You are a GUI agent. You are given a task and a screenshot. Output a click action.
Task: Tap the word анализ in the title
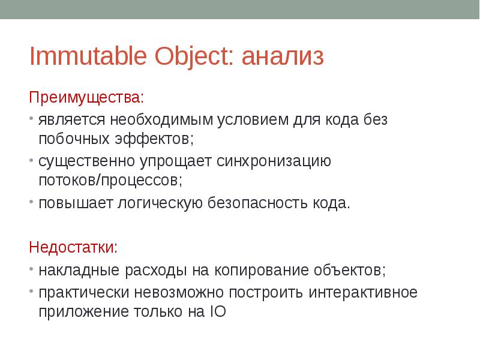pyautogui.click(x=283, y=57)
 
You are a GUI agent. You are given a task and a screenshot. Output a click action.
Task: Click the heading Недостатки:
pyautogui.click(x=74, y=247)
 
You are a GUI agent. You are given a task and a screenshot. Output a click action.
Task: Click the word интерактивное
pyautogui.click(x=363, y=293)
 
